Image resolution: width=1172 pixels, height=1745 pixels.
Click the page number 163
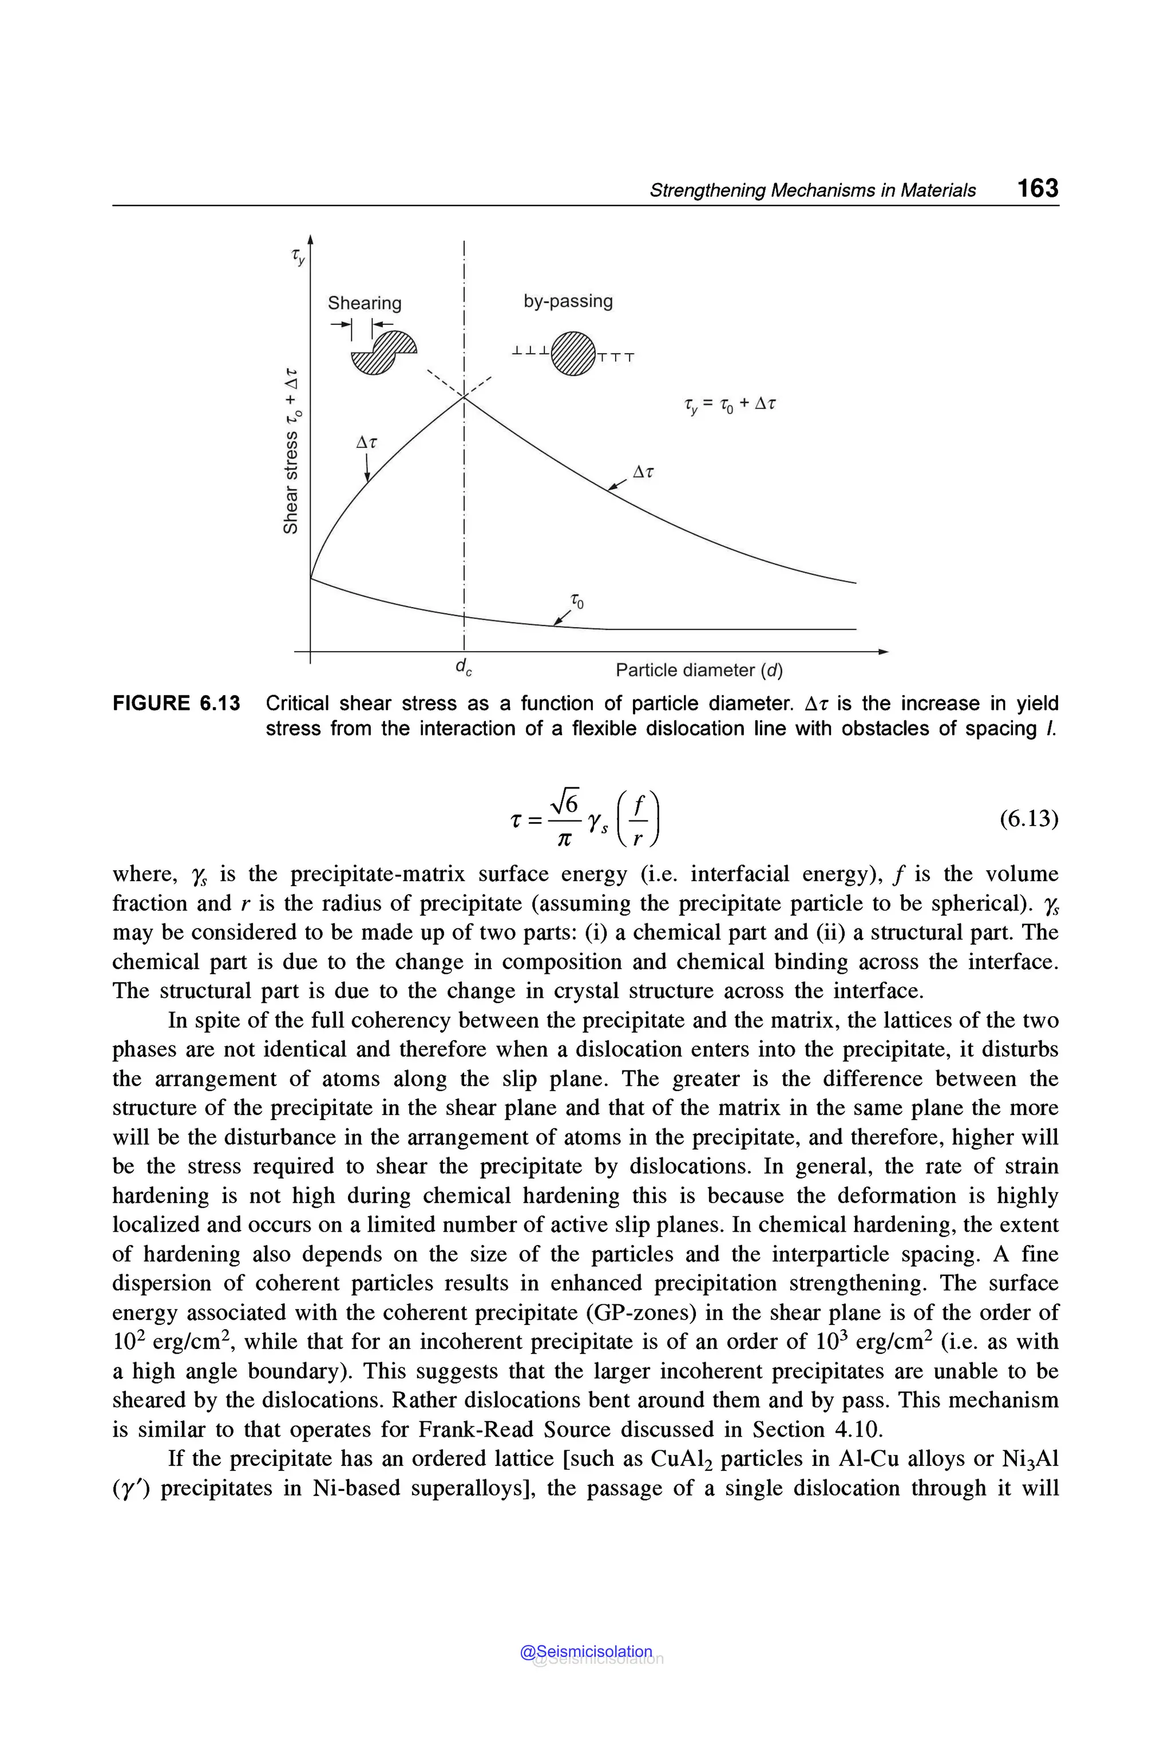point(1038,188)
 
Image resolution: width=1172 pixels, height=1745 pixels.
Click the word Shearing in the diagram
point(364,303)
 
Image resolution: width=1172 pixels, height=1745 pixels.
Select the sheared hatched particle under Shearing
point(383,352)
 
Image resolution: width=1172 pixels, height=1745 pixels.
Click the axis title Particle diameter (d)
point(698,671)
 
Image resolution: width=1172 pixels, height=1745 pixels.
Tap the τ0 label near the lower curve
point(577,600)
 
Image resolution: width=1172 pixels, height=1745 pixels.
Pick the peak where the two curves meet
point(464,398)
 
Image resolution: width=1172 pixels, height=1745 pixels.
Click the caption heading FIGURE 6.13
point(176,703)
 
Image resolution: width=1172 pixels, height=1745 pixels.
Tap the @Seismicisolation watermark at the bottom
point(586,1652)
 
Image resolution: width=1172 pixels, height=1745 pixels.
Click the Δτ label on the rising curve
point(366,442)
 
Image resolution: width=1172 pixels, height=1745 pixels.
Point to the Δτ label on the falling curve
point(643,471)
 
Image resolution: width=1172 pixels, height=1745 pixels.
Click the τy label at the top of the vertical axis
point(298,257)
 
